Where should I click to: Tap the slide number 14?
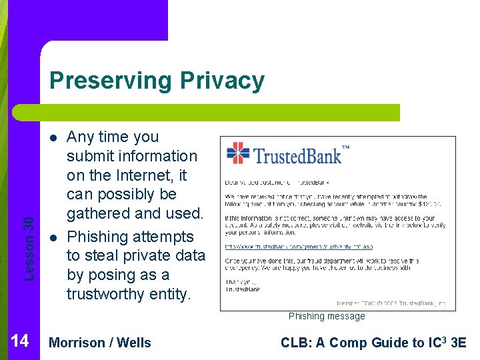(20, 341)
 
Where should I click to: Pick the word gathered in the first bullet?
(100, 213)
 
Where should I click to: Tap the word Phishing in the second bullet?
(97, 237)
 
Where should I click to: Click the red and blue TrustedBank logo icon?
(238, 153)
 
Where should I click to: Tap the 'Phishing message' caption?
(327, 316)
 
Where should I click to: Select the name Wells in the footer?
(135, 343)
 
